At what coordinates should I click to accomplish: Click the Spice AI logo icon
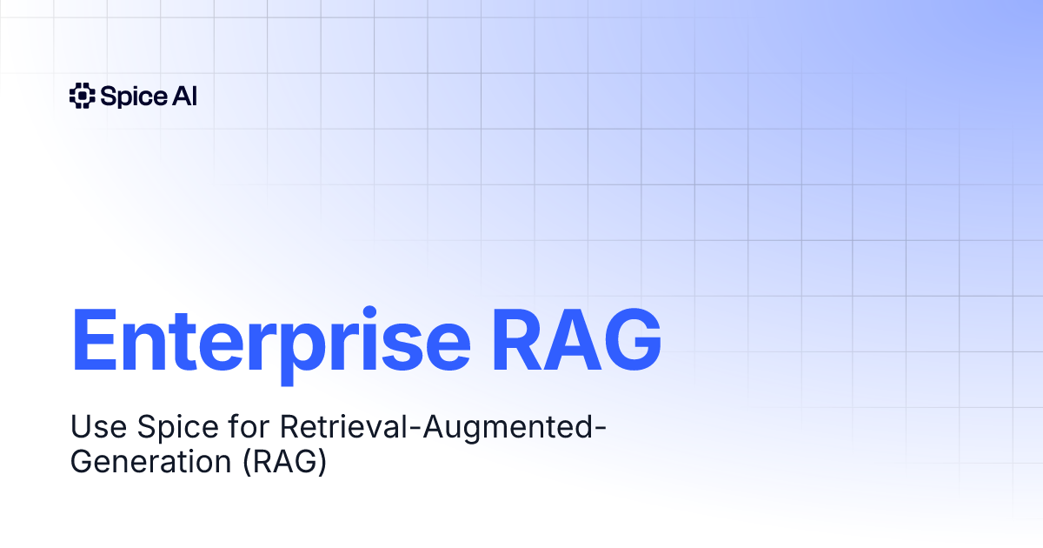(x=81, y=96)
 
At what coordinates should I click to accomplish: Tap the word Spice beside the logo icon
(x=129, y=97)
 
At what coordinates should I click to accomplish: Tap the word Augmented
(x=508, y=429)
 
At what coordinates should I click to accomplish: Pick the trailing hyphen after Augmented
(x=602, y=431)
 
